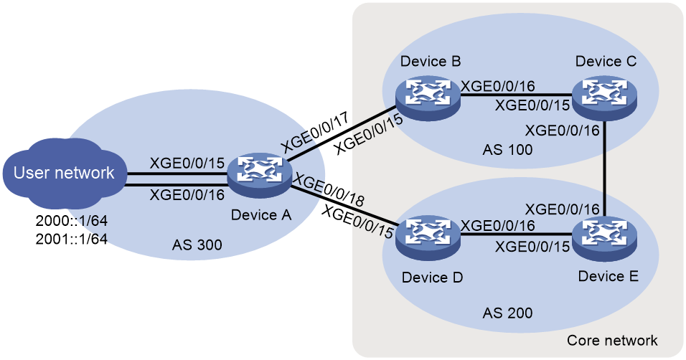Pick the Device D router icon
(428, 237)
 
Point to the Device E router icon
(604, 237)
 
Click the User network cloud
(64, 172)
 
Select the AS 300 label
(197, 245)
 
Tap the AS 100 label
(507, 150)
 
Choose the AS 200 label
(507, 313)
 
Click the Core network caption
(612, 341)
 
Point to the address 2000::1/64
(72, 221)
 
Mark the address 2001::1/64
(72, 239)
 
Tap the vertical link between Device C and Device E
(604, 169)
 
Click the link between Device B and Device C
(516, 96)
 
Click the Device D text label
(432, 278)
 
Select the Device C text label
(606, 61)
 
